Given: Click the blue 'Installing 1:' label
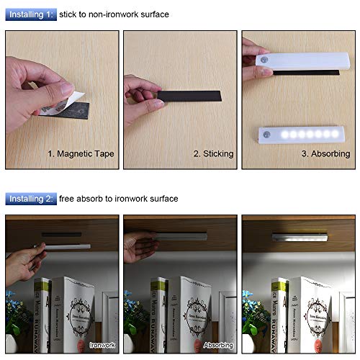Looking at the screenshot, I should [28, 14].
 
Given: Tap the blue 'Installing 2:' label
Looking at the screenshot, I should [28, 198].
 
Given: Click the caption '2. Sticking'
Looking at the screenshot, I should [213, 153].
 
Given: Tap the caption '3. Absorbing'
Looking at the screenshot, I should [325, 153].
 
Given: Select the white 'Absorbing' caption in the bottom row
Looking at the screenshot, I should [219, 346].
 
